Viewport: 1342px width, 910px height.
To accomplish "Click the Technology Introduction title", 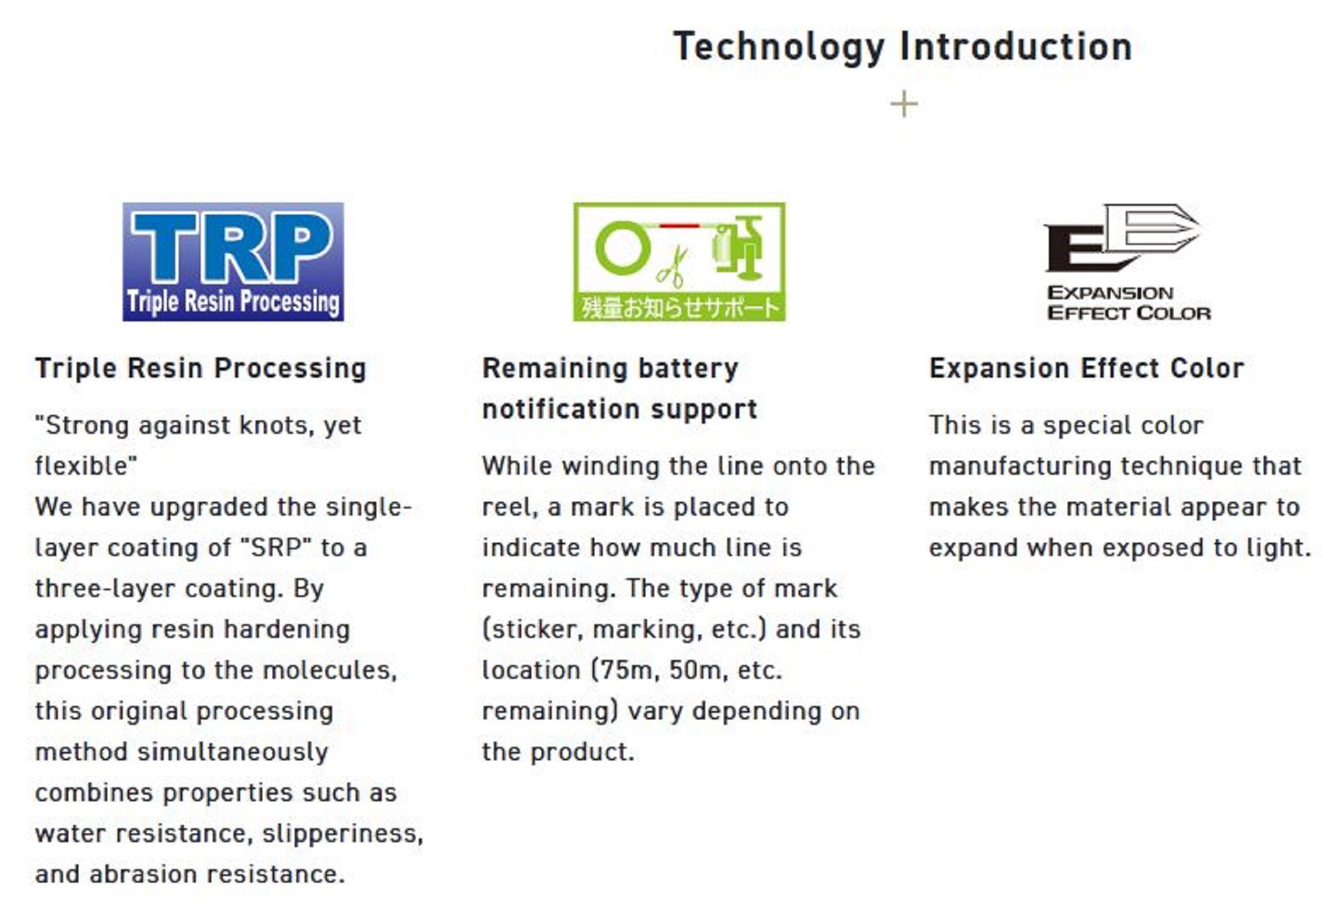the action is (x=902, y=47).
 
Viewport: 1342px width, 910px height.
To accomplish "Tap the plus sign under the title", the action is (x=904, y=104).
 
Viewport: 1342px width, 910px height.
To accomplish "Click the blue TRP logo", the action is (x=233, y=262).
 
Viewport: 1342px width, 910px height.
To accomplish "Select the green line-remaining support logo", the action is (x=679, y=262).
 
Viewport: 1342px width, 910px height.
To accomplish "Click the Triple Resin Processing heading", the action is (x=201, y=369).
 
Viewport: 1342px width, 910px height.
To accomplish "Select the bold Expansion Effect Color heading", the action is (x=1086, y=368).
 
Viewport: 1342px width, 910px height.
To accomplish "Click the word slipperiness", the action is (x=342, y=834).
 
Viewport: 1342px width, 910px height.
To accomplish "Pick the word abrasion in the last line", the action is (x=142, y=874).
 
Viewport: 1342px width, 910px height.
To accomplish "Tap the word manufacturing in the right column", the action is (x=1020, y=466).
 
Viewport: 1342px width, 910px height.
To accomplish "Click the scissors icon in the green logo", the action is (x=672, y=266).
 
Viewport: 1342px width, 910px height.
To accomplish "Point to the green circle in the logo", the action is (x=623, y=248).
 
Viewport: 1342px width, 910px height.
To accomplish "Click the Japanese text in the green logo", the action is (x=680, y=308).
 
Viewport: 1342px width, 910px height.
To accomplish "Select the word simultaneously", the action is (x=232, y=752).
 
